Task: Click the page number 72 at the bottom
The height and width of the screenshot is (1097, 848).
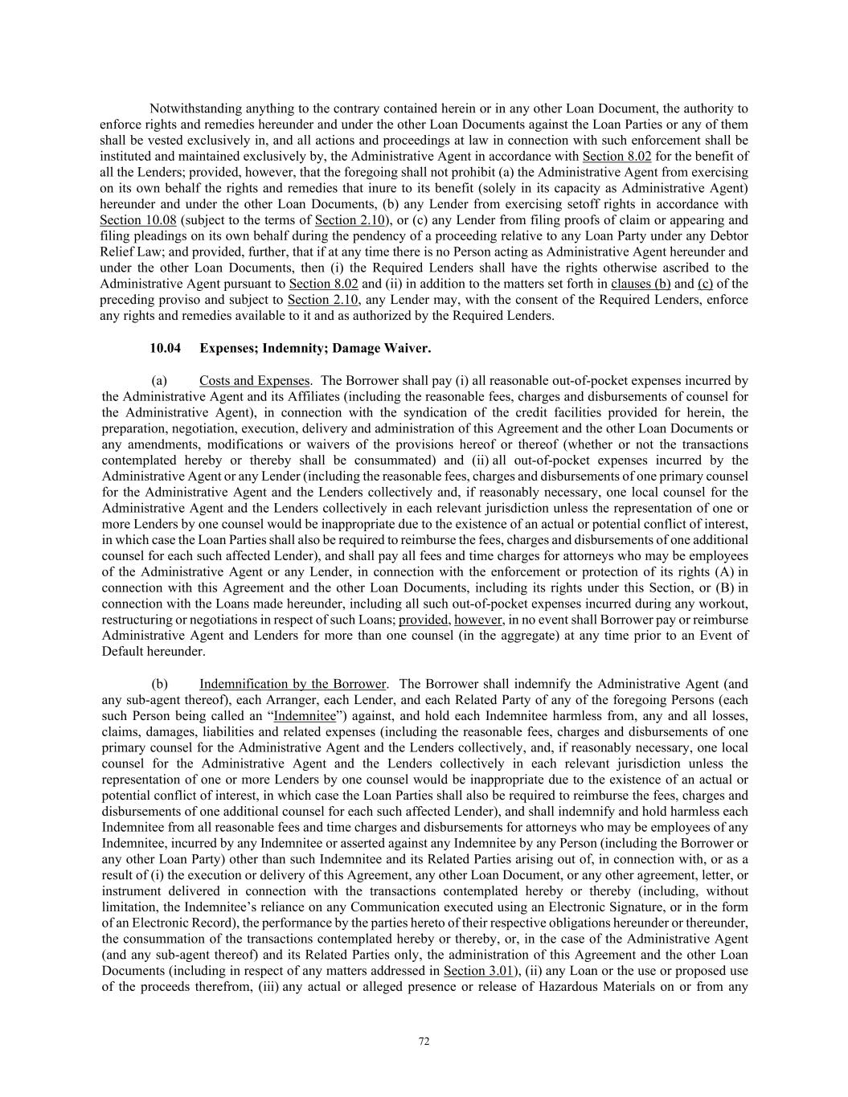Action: (x=424, y=1042)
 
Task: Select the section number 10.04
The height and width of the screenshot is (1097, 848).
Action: (x=166, y=348)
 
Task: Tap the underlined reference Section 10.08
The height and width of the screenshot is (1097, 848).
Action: (x=137, y=220)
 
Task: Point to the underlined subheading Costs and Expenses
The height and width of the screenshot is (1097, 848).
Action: (x=254, y=380)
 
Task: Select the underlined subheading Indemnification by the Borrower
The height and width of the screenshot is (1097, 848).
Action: (x=293, y=684)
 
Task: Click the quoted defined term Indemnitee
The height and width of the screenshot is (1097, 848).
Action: (x=305, y=716)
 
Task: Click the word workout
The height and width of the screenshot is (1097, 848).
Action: (x=727, y=604)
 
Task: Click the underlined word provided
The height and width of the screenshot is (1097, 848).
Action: (x=424, y=620)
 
